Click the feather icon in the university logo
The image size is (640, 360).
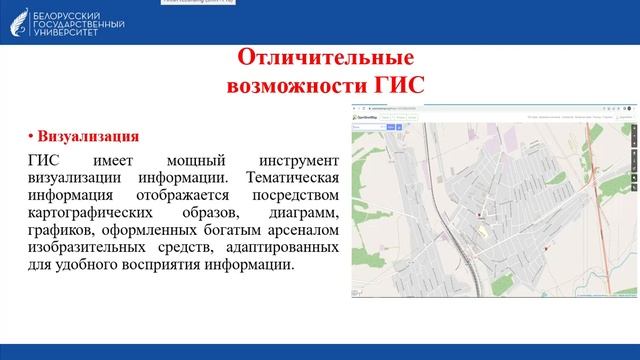click(17, 21)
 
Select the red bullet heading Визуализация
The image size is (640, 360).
click(88, 135)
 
